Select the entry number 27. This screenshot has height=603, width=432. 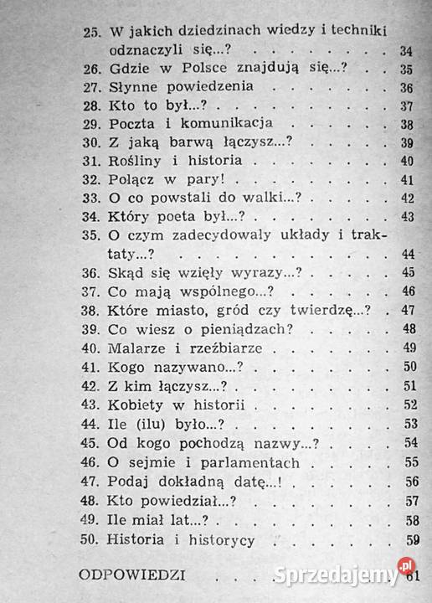[x=93, y=87]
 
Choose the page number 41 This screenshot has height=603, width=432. [x=408, y=179]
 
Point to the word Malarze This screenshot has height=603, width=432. [x=137, y=347]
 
